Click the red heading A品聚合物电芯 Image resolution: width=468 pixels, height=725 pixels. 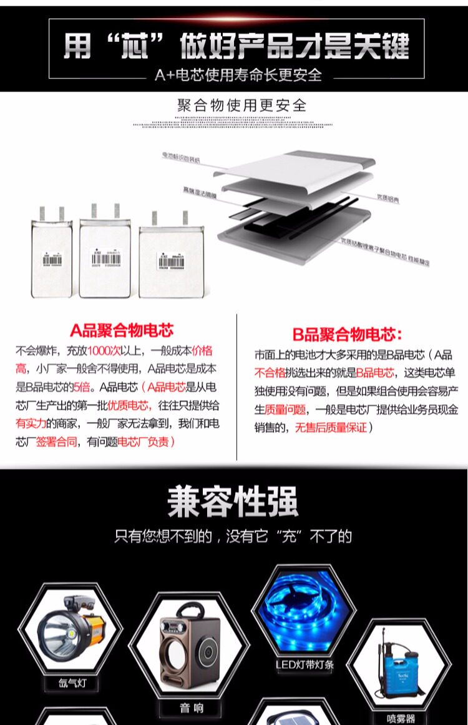point(122,330)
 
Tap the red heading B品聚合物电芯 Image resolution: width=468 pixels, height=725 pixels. point(348,335)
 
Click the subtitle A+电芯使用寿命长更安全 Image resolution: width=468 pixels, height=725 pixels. point(238,76)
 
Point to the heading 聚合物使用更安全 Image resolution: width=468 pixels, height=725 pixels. point(242,105)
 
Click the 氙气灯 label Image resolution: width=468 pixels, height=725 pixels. point(73,683)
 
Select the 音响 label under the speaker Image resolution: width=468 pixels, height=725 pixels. point(190,708)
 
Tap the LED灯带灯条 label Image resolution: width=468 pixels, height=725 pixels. point(305,664)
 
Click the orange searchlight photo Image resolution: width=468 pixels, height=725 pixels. point(69,631)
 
